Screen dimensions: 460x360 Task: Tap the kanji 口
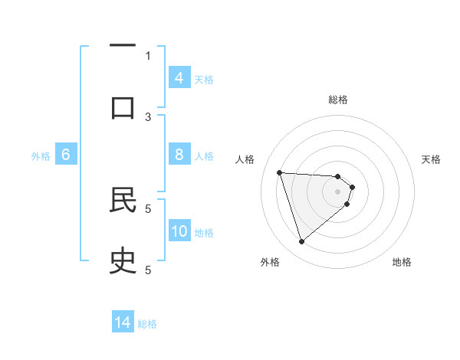[123, 106]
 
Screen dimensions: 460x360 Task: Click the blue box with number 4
[179, 78]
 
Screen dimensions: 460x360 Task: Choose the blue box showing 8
[179, 155]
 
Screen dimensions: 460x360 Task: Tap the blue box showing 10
[179, 231]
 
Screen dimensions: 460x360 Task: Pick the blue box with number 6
[66, 155]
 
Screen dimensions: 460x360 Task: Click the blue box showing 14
[123, 322]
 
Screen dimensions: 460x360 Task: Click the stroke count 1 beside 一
[148, 55]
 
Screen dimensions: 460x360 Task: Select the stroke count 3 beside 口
[148, 116]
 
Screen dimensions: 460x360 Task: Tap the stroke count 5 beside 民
[148, 208]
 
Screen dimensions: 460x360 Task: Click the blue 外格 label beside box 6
[41, 155]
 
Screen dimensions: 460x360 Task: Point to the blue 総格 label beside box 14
[147, 323]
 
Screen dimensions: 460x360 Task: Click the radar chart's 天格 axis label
[431, 159]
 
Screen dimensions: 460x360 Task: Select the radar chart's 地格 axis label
[402, 262]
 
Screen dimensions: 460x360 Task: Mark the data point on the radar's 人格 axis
[280, 172]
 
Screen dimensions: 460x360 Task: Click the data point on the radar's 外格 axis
[301, 242]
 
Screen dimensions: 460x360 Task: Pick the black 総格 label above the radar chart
[337, 100]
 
